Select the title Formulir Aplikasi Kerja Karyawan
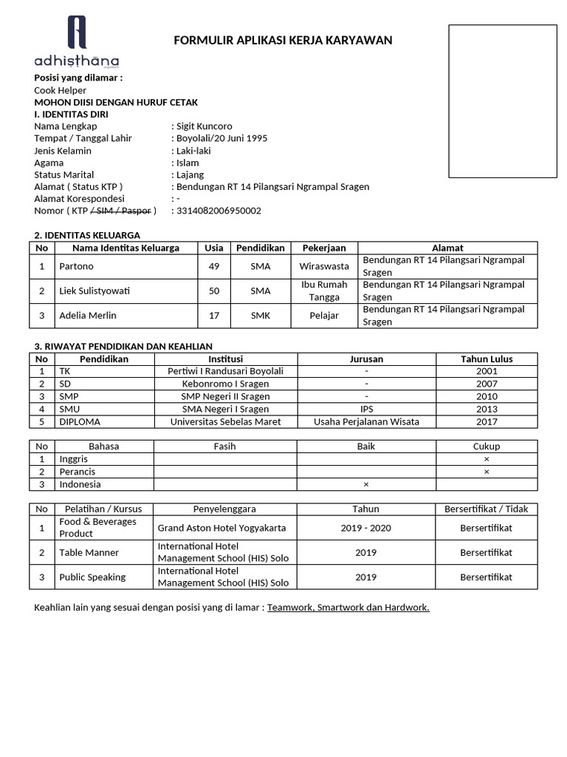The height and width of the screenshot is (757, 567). click(283, 40)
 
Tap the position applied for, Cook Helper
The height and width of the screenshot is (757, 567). click(61, 90)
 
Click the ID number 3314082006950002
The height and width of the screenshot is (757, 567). click(219, 211)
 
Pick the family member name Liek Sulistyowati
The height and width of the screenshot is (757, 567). click(94, 291)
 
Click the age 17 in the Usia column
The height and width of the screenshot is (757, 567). click(214, 316)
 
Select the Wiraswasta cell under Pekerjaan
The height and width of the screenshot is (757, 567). click(324, 266)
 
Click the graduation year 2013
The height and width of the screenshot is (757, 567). click(487, 409)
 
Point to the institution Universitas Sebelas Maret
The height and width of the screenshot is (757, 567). click(226, 421)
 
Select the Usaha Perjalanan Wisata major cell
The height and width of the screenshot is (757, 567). click(366, 421)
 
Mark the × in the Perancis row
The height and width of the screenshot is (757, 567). click(487, 472)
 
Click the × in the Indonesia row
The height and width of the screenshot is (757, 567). click(366, 484)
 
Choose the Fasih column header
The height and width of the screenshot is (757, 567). click(225, 446)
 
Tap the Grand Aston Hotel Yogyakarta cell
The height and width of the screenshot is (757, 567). click(222, 528)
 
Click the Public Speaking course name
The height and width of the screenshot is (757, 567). click(92, 577)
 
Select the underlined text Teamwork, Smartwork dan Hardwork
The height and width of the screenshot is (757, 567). click(348, 607)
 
